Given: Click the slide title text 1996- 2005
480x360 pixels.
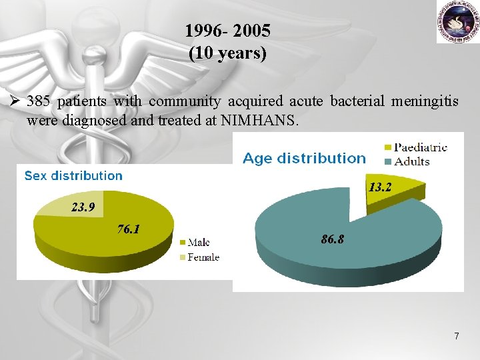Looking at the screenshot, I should coord(228,31).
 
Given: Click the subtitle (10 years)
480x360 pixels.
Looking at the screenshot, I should coord(228,53).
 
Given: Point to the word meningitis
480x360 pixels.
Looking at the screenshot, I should coord(425,101).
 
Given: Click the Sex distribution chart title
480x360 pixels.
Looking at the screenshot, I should coord(73,176).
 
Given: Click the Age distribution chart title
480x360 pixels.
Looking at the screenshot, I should coord(304,159).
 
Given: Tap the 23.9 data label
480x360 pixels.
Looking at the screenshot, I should coord(83,207).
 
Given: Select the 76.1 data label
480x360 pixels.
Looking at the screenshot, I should coord(128,229).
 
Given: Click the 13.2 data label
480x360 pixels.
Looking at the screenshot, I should coord(379,188).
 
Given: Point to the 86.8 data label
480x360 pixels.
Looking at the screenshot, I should coord(332,239).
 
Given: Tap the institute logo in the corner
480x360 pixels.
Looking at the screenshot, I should coord(458,22).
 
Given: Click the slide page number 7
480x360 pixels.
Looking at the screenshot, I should coord(456,336).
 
